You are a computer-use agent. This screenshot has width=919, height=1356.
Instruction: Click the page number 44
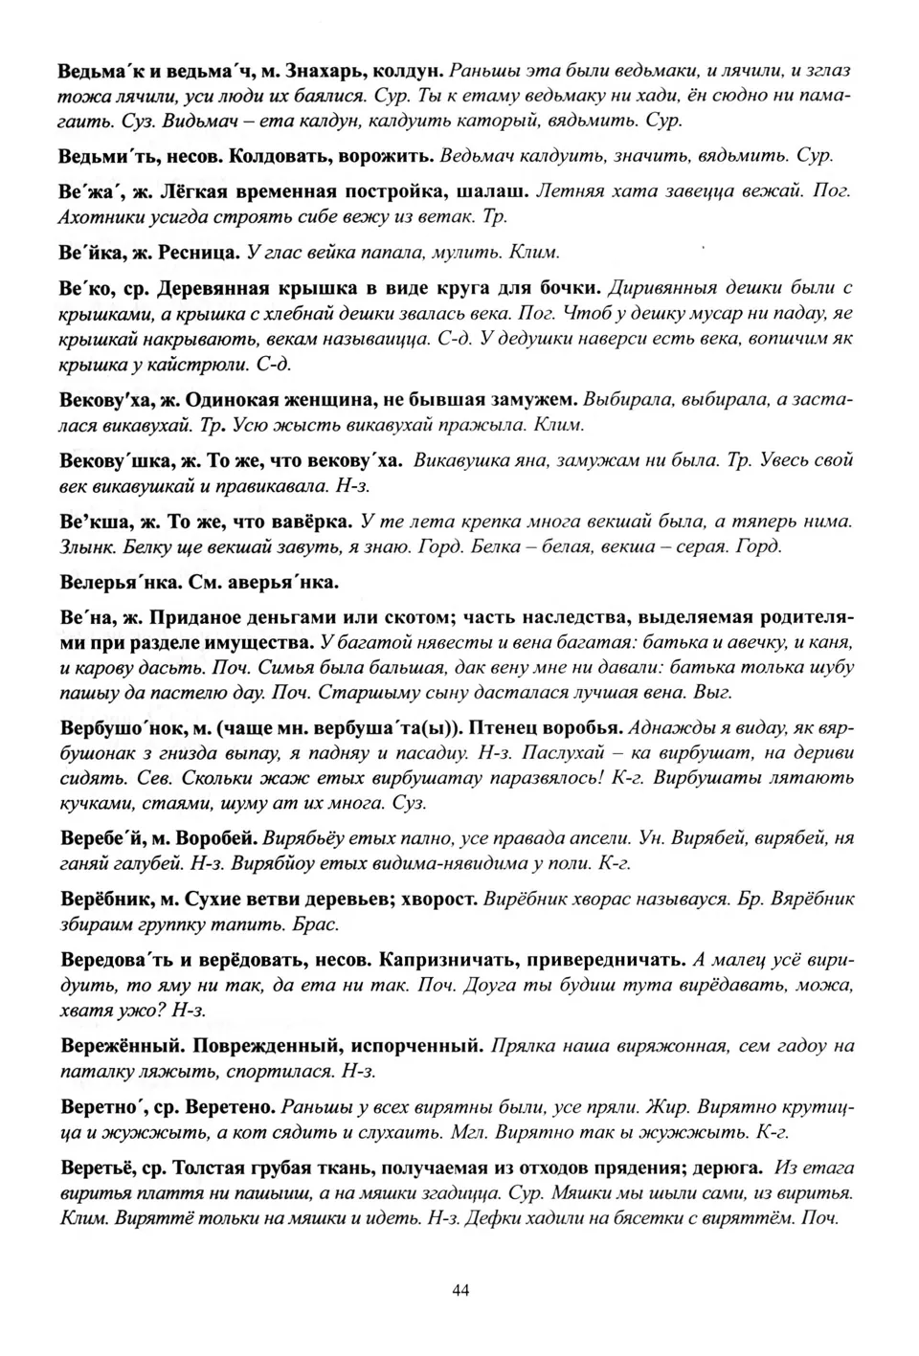pos(459,1291)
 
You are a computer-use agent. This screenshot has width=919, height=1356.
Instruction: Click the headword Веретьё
pos(100,1168)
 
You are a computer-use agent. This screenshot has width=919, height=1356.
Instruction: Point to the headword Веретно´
pos(101,1107)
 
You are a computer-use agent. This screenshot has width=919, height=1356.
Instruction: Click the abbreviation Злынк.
pos(84,546)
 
